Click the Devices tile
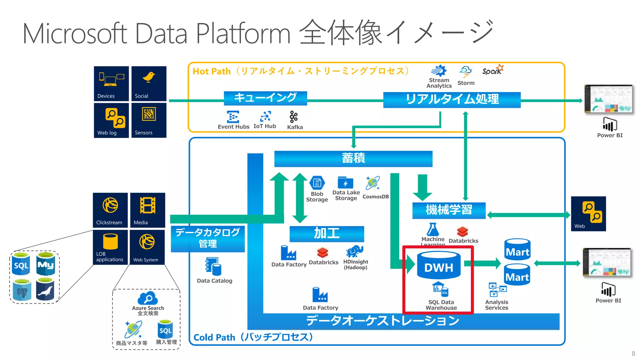point(111,83)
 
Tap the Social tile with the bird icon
point(149,83)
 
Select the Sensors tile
point(149,120)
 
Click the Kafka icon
point(293,117)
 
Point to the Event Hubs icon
point(233,117)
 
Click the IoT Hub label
point(265,126)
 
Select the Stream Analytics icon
point(439,71)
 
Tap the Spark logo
point(492,70)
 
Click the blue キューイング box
point(265,98)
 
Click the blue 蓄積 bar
point(353,159)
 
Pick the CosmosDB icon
point(373,183)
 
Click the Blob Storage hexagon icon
point(317,183)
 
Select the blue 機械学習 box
point(449,210)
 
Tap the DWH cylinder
point(439,266)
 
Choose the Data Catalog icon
point(213,267)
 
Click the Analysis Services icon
point(497,290)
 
